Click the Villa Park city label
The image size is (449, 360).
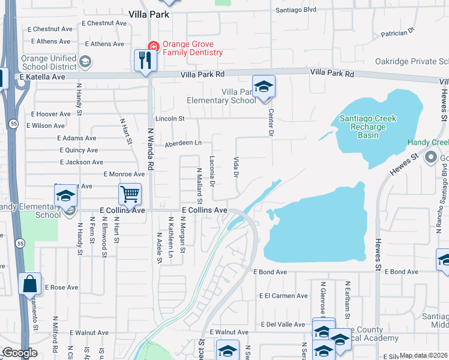pos(149,14)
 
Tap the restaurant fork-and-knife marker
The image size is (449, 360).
pos(145,60)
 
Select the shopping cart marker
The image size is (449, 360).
pos(130,194)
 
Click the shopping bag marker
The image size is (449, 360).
pos(29,284)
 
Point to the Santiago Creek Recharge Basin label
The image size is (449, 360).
pos(368,127)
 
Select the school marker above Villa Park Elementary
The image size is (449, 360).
pos(264,87)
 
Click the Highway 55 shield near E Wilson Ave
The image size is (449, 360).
pos(13,122)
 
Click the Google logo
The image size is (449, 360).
pos(19,353)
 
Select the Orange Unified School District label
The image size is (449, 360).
pos(49,62)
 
